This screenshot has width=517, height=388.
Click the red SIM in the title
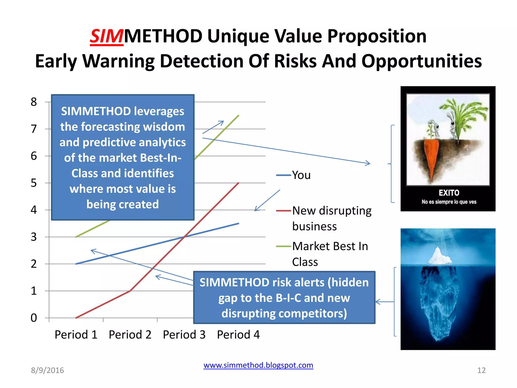click(107, 36)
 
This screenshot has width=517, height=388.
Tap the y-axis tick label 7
click(34, 129)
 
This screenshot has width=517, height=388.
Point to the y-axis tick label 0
click(34, 318)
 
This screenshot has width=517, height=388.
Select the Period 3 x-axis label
click(184, 334)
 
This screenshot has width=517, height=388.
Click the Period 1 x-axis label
click(76, 334)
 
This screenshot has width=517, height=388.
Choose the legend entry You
click(301, 175)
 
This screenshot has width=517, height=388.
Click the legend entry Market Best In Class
click(330, 254)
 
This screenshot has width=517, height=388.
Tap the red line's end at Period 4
click(238, 183)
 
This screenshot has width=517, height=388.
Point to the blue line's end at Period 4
click(238, 224)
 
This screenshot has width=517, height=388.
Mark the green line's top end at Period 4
click(238, 116)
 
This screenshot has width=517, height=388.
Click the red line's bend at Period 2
click(130, 291)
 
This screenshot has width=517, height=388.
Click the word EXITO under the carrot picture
click(449, 193)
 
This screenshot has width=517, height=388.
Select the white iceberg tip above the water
click(440, 256)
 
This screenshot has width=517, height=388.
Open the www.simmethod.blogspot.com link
click(258, 365)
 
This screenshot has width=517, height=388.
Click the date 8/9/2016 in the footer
click(47, 370)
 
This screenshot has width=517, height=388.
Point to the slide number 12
click(481, 370)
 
